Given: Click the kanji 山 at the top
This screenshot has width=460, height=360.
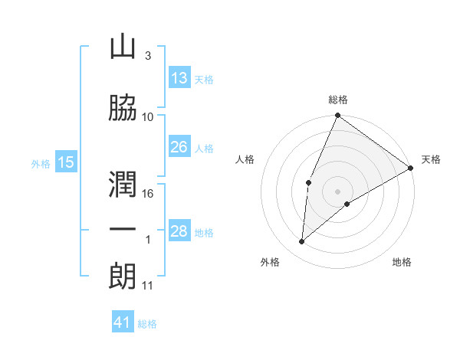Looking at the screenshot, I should [123, 47].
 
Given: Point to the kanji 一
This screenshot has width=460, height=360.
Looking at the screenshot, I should [123, 229].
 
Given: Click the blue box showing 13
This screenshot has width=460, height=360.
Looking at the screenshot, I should [179, 78].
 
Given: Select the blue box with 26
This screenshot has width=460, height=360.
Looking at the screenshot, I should [179, 147].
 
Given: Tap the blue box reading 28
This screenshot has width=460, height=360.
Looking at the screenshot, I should [179, 231].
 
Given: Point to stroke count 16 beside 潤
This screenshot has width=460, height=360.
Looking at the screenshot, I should [149, 194].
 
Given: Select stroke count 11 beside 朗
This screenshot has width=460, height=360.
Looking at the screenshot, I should [148, 286].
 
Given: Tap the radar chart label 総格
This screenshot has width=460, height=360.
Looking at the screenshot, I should [337, 100].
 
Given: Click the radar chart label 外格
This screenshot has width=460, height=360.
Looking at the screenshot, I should [270, 263].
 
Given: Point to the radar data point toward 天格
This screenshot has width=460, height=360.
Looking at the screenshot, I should [411, 167].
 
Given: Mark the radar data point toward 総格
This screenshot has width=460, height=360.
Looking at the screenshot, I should [337, 116].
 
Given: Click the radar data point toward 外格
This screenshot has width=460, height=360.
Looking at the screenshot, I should [302, 242].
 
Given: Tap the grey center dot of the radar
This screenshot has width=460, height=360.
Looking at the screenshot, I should [337, 191].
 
